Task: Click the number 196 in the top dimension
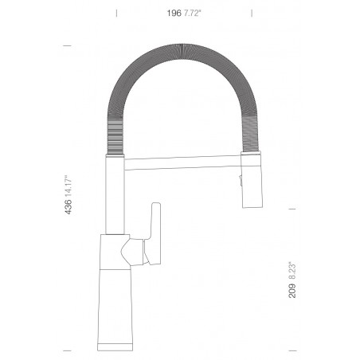point(174,13)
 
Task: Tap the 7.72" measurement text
point(193,13)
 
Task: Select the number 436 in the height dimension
point(68,207)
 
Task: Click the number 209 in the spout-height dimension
point(292,291)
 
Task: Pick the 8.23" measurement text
point(292,271)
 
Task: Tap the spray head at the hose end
point(252,179)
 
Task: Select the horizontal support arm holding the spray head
point(182,162)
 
